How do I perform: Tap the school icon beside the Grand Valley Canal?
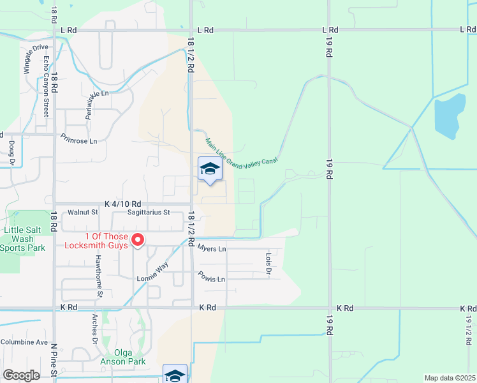click(209, 170)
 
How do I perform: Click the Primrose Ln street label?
click(79, 138)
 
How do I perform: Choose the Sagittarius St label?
click(149, 212)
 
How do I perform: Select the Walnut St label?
click(83, 212)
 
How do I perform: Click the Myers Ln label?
click(212, 248)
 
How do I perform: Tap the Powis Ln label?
click(212, 280)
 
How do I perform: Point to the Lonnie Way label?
click(153, 273)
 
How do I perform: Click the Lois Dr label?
click(268, 263)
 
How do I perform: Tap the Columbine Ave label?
click(24, 342)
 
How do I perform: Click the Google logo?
click(21, 375)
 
